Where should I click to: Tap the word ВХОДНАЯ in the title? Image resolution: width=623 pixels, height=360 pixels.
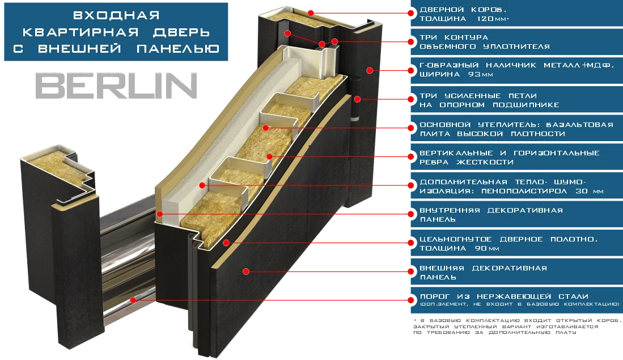(x=116, y=14)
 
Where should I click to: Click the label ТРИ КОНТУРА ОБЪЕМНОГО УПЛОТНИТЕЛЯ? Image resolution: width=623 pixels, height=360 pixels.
(x=484, y=42)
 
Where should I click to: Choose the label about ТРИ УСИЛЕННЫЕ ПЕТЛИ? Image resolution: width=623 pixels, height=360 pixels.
(x=489, y=100)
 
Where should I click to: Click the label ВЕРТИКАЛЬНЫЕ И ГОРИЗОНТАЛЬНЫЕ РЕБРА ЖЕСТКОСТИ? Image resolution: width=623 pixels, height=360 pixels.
(x=508, y=158)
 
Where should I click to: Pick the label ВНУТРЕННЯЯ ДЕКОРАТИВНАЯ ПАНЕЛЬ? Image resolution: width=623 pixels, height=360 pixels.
(x=491, y=215)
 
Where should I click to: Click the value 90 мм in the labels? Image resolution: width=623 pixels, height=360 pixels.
(x=484, y=249)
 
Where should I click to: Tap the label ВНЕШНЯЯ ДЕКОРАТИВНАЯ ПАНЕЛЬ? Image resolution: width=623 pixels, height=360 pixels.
(x=482, y=273)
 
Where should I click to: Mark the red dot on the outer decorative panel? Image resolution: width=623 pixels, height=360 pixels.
(x=245, y=272)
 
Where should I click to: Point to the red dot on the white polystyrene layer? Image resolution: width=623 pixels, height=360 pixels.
(x=202, y=185)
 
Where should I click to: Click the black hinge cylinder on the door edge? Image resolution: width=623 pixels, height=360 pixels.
(x=355, y=100)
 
